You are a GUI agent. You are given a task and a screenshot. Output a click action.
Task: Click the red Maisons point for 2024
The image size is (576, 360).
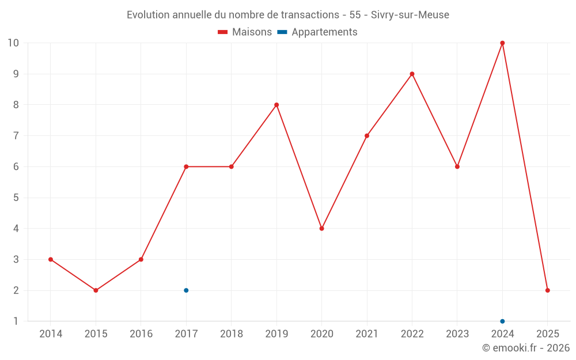click(502, 43)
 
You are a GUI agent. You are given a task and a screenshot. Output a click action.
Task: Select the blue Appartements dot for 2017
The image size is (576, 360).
click(186, 290)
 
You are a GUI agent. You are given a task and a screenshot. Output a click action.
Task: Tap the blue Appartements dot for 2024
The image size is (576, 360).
click(502, 321)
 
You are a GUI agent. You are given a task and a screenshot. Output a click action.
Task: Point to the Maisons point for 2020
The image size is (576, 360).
click(321, 229)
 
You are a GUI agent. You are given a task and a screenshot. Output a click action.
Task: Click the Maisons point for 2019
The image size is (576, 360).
click(276, 105)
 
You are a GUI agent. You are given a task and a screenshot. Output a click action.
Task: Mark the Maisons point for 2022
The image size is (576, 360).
click(412, 74)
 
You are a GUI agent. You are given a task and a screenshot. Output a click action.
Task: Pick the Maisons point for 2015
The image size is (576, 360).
click(96, 290)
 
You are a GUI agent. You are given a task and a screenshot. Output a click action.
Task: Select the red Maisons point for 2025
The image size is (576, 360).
click(547, 290)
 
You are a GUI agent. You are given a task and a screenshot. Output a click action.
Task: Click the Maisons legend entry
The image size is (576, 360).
click(245, 32)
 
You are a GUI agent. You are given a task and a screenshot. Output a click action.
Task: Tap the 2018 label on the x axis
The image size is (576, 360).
click(231, 334)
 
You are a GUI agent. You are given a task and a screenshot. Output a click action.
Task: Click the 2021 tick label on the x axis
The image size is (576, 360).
click(367, 334)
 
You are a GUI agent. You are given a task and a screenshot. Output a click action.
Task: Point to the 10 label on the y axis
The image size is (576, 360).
click(13, 43)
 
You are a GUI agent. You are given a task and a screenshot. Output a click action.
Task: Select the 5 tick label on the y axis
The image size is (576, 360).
click(16, 198)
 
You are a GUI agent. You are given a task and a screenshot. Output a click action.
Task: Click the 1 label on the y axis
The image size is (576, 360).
click(16, 321)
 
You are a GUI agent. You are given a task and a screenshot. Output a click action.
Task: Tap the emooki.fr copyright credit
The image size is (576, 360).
click(525, 348)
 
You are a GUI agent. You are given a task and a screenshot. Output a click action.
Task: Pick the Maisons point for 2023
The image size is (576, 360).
click(457, 166)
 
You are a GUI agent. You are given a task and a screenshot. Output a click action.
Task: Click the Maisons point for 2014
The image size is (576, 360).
click(51, 259)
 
